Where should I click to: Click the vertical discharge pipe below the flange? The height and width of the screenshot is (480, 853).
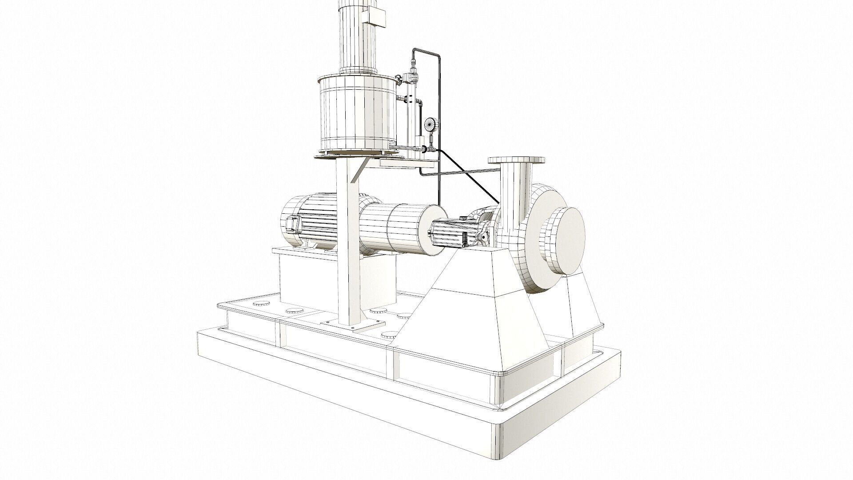pos(514,187)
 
